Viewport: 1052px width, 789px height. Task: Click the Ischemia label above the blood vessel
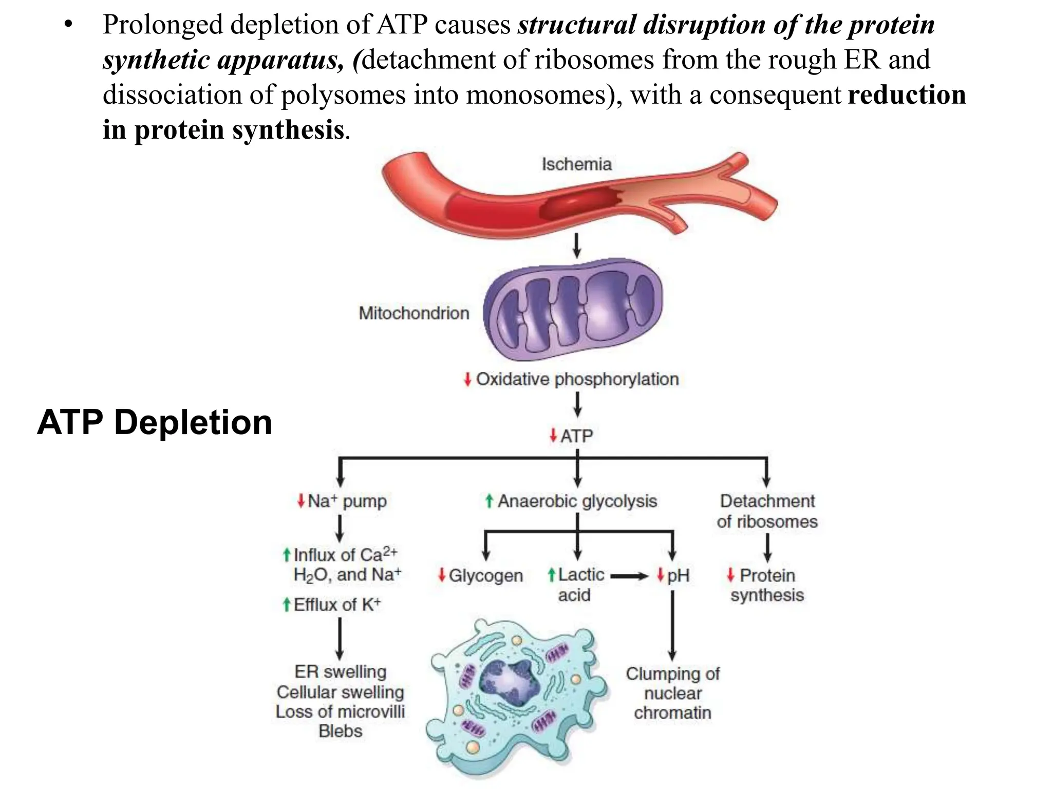coord(576,164)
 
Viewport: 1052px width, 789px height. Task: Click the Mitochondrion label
coord(414,313)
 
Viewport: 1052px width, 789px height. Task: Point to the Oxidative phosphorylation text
coord(577,379)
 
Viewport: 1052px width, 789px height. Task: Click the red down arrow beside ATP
coord(553,436)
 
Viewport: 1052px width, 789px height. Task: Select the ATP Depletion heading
coord(155,422)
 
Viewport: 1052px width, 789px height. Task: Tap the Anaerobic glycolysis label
coord(577,501)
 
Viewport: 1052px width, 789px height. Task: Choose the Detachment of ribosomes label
coord(767,511)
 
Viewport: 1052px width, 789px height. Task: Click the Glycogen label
coord(485,575)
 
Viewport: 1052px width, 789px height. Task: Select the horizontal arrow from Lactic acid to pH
coord(629,576)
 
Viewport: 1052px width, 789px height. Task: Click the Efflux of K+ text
coord(336,605)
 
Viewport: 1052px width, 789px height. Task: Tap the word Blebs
coord(340,731)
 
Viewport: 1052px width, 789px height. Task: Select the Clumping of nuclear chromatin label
coord(672,693)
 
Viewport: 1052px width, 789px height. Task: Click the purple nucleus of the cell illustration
coord(509,683)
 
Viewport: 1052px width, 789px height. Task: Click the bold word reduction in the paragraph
coord(907,95)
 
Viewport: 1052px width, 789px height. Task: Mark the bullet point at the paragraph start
coord(68,25)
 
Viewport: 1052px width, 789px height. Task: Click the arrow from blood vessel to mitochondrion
coord(576,246)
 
